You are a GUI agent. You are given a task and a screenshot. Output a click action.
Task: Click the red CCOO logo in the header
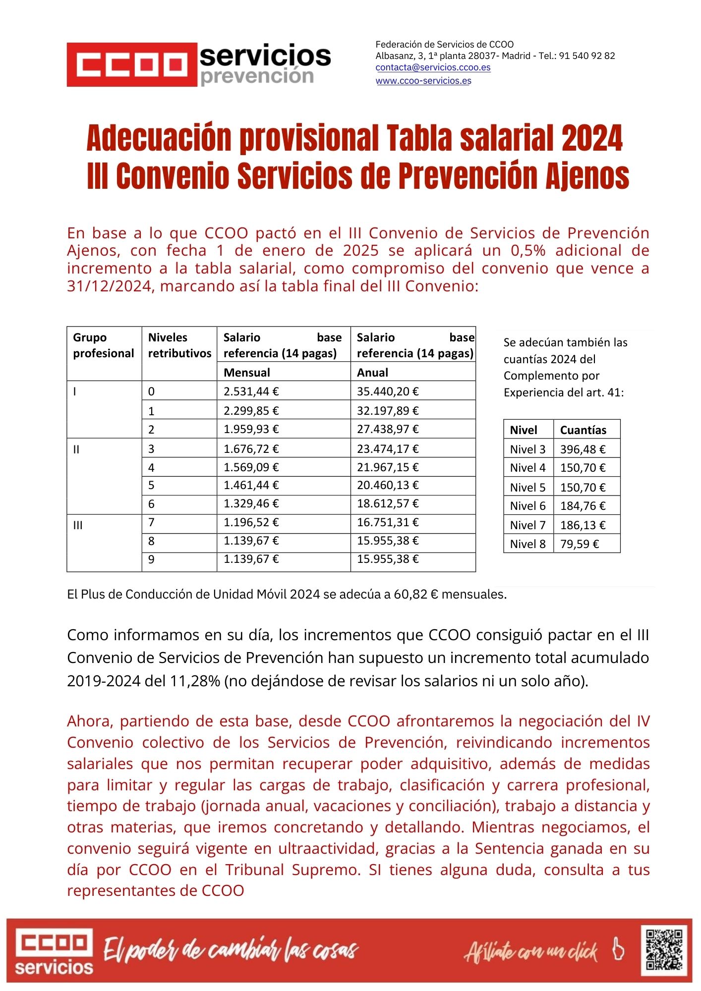tap(132, 64)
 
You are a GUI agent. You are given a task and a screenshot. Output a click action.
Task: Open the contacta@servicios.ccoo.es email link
tap(433, 67)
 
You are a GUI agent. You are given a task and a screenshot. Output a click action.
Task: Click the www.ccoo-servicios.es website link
tap(423, 81)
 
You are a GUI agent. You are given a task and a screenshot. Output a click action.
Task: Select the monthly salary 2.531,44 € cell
tap(251, 391)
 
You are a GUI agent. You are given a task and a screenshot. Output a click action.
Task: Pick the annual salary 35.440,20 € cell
tap(388, 391)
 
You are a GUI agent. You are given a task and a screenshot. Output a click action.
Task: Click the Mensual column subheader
tap(247, 373)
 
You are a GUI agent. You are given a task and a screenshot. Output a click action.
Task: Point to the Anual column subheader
tap(373, 373)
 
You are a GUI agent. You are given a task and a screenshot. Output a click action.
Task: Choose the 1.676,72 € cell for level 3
tap(251, 449)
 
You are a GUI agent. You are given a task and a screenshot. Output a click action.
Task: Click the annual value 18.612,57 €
tap(388, 504)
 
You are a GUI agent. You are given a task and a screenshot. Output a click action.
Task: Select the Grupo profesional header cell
tap(104, 345)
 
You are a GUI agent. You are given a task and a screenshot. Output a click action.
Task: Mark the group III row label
tap(78, 525)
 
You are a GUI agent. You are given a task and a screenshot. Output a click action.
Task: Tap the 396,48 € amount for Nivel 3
tap(583, 449)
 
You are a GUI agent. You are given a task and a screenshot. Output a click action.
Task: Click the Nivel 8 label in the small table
tap(527, 544)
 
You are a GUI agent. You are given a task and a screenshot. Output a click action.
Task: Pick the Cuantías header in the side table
tap(583, 430)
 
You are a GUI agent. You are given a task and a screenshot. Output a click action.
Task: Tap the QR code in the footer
tap(665, 949)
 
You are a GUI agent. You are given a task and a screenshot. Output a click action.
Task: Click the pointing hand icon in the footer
tap(618, 948)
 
